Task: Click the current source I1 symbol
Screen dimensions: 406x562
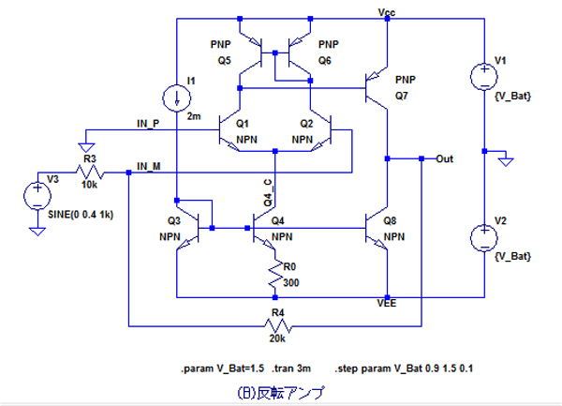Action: tap(176, 96)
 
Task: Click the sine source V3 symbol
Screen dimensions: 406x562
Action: tap(37, 194)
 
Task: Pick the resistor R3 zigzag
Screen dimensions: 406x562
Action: tap(91, 173)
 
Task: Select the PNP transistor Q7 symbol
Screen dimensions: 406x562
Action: tap(377, 90)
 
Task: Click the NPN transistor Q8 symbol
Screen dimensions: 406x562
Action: tap(378, 225)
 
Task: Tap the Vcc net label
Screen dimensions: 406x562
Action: tap(387, 11)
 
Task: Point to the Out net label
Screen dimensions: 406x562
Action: tap(446, 158)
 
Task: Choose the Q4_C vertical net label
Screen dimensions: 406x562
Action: tap(268, 191)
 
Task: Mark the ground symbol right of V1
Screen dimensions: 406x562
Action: tap(506, 160)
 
